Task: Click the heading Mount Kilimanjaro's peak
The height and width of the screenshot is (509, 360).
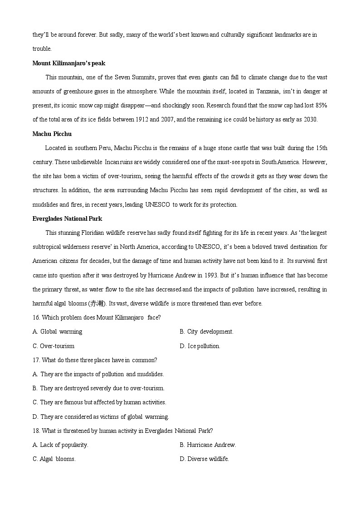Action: (x=69, y=63)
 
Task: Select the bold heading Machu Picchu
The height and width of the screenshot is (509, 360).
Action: (x=52, y=134)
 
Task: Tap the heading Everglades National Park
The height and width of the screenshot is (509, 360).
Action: (x=67, y=218)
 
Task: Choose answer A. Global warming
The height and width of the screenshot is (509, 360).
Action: (x=58, y=331)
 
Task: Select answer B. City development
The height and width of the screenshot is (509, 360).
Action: (x=206, y=331)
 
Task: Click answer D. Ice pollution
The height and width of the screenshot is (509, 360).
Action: (x=200, y=346)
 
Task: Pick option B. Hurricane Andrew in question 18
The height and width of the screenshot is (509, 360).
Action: (x=208, y=445)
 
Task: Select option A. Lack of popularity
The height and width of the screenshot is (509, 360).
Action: (x=60, y=445)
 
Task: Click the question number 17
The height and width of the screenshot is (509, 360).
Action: (x=36, y=360)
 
